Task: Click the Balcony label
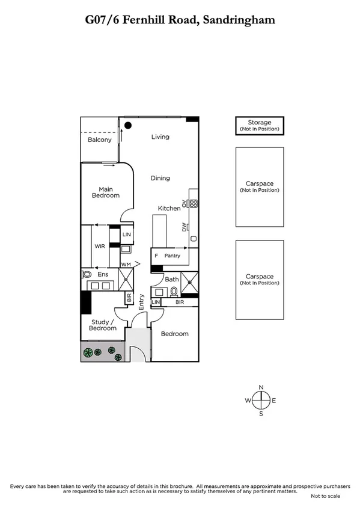[x=100, y=140]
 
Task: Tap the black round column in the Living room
[x=129, y=125]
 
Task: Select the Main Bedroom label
[x=105, y=192]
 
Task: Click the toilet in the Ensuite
[x=86, y=275]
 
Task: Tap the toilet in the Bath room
[x=174, y=292]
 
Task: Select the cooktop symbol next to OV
[x=194, y=203]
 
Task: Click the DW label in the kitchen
[x=185, y=227]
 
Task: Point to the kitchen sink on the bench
[x=193, y=239]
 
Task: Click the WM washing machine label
[x=126, y=264]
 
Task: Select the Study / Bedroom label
[x=103, y=325]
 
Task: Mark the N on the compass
[x=261, y=387]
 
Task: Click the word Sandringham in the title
[x=240, y=20]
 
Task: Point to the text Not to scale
[x=325, y=496]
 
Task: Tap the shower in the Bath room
[x=191, y=281]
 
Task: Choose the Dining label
[x=160, y=178]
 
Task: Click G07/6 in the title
[x=102, y=20]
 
